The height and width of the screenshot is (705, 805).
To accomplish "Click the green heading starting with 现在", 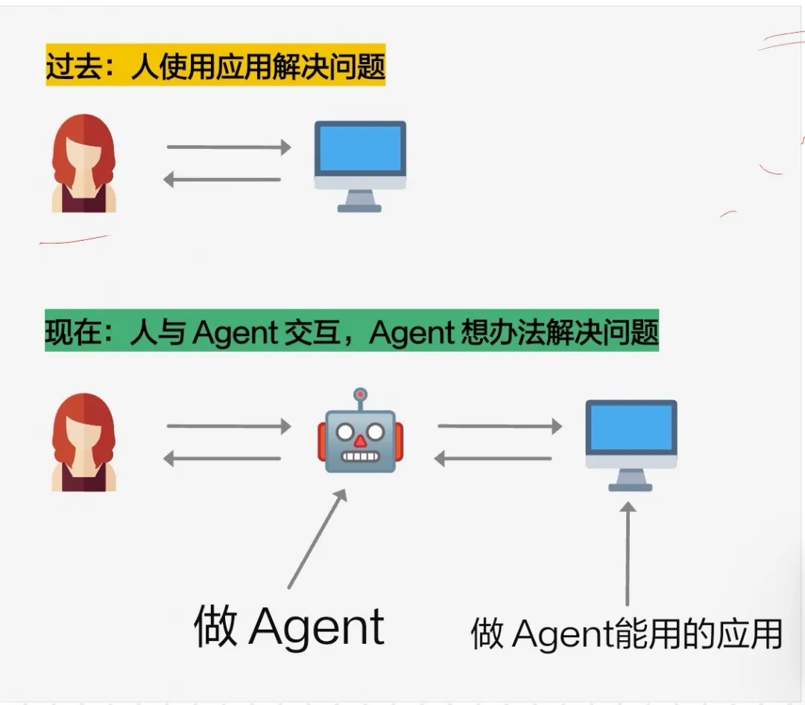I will [352, 332].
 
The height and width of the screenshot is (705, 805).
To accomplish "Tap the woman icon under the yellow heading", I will [83, 164].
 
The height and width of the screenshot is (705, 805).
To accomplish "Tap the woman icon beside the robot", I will [83, 443].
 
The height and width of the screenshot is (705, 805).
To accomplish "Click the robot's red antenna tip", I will [361, 393].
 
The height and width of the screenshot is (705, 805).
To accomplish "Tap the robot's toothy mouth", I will [360, 456].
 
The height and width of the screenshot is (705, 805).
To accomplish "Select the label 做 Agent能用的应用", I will [626, 635].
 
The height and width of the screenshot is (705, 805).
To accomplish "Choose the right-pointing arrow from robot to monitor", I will [499, 426].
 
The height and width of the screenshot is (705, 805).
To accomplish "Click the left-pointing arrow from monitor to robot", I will [493, 459].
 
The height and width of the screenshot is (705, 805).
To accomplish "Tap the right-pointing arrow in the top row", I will [228, 147].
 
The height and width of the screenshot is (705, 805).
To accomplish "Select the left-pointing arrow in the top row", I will [222, 180].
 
